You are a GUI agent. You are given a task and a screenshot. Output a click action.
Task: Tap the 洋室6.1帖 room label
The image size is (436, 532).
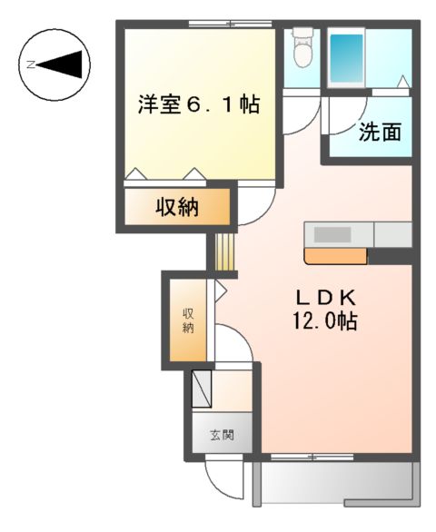click(x=199, y=104)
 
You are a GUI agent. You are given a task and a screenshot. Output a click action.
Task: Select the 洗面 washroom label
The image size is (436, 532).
click(x=379, y=133)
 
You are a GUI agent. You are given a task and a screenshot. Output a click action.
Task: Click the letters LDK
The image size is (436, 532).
click(x=322, y=297)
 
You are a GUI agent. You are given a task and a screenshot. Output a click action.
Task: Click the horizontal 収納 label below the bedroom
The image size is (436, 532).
click(x=175, y=208)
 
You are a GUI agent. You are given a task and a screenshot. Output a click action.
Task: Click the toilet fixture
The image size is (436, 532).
click(x=303, y=49)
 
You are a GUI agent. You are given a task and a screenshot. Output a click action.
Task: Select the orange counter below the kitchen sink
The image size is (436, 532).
click(x=336, y=255)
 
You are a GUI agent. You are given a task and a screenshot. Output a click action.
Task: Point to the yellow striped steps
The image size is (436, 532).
click(x=224, y=251)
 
